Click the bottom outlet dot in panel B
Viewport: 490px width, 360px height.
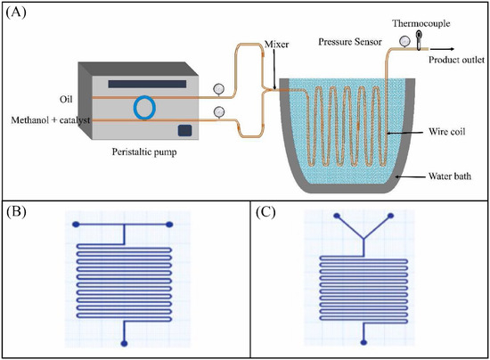[x=125, y=341]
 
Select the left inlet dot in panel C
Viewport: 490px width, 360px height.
[x=337, y=215]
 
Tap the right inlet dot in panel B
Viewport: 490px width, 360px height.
[x=168, y=223]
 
